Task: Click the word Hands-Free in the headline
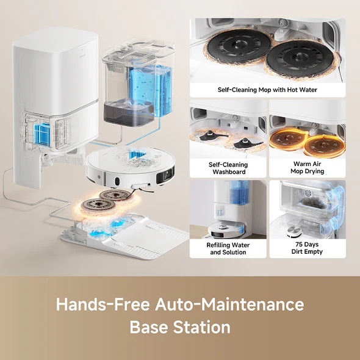coord(103,304)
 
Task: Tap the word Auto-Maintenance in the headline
coord(229,304)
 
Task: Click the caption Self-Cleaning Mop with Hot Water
coord(267,90)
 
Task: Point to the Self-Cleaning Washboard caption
coord(228,168)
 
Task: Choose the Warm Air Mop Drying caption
coord(307,167)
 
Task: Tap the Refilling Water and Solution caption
coord(228,248)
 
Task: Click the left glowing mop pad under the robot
coord(98,206)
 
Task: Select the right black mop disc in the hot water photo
coord(300,58)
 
